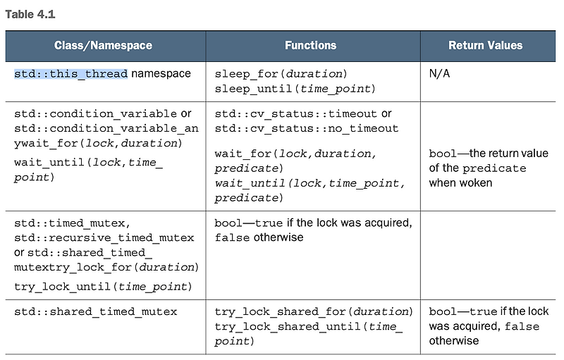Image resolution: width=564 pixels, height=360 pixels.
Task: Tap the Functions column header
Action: (x=310, y=46)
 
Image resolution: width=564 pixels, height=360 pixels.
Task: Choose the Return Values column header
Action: (x=485, y=46)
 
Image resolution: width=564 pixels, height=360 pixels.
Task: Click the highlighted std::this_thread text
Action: (x=70, y=74)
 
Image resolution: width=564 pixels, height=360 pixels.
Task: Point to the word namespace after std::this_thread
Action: (x=161, y=74)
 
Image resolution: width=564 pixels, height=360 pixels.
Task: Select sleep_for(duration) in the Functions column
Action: (x=281, y=74)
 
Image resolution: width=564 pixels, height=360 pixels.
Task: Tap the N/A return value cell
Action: (x=440, y=74)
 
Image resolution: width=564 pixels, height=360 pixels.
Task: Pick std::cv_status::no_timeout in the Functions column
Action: (x=307, y=129)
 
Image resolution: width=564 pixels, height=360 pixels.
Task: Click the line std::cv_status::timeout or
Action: (x=303, y=114)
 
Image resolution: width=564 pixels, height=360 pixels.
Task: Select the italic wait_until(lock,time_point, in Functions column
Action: (x=309, y=184)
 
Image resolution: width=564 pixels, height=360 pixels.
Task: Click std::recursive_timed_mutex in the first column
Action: (x=104, y=238)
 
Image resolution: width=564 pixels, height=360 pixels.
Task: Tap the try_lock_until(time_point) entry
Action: (x=102, y=287)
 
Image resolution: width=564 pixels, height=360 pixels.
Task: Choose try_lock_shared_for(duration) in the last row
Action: (x=314, y=312)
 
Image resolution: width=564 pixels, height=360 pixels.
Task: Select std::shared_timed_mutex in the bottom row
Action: (x=96, y=312)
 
